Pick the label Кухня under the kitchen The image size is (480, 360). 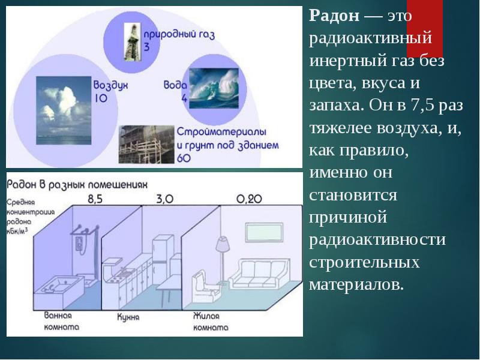[128, 316]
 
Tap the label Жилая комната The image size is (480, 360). [210, 321]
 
